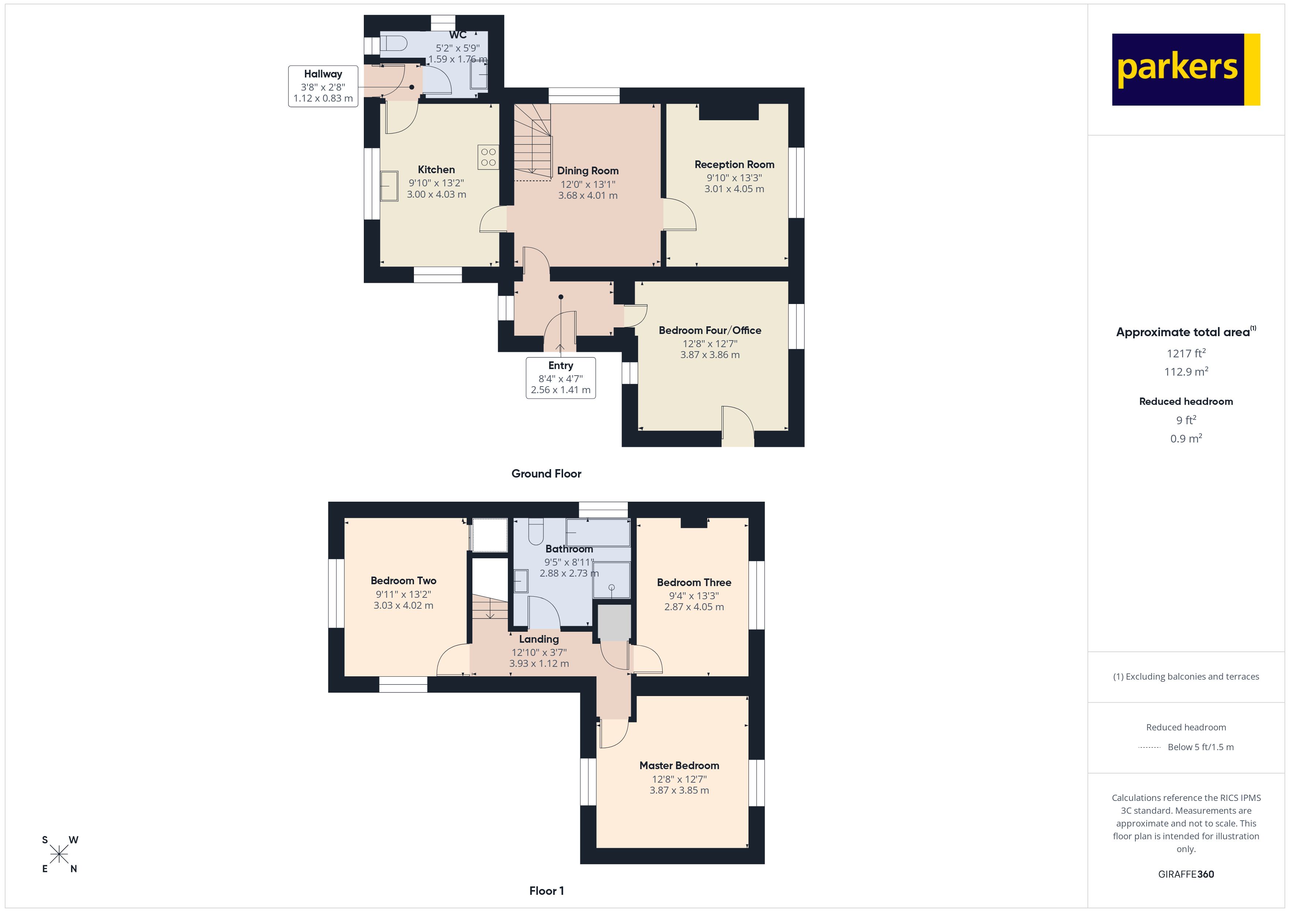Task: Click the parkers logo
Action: [x=1185, y=70]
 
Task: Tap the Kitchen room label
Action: [x=436, y=170]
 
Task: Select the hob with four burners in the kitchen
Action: [x=488, y=157]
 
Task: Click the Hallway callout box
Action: [x=323, y=86]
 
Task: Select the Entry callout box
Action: [x=560, y=377]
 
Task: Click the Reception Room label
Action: [x=734, y=164]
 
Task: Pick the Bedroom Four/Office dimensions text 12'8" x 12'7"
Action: [x=710, y=344]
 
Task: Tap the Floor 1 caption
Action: [x=546, y=891]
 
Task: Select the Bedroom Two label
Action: [x=403, y=581]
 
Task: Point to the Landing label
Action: [x=538, y=639]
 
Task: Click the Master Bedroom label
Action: [x=679, y=765]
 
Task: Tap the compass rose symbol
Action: [x=59, y=855]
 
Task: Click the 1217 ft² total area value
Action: [x=1185, y=353]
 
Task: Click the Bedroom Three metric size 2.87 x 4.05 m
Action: [x=694, y=607]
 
